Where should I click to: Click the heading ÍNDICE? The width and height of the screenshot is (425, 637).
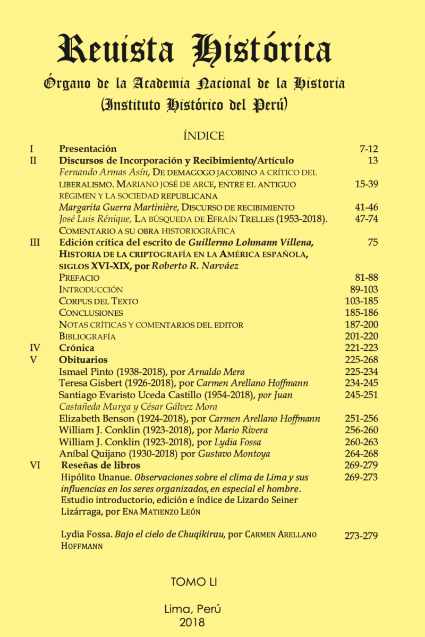[203, 136]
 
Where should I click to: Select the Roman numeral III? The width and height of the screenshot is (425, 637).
[36, 243]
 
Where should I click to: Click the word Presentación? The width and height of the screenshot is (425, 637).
[88, 149]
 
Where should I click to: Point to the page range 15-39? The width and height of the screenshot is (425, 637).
[366, 184]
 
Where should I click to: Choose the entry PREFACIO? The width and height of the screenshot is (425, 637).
[79, 278]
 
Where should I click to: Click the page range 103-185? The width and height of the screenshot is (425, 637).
[362, 301]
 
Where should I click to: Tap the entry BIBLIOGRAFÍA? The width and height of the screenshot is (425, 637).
[87, 336]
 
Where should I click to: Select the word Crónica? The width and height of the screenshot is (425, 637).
[76, 348]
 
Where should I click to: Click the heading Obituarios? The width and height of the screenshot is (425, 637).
[83, 359]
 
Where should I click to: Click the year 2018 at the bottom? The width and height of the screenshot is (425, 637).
[192, 622]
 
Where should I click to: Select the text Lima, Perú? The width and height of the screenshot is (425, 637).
[192, 609]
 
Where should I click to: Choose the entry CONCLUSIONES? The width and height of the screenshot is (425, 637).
[91, 313]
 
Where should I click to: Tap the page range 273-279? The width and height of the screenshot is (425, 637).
[361, 536]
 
